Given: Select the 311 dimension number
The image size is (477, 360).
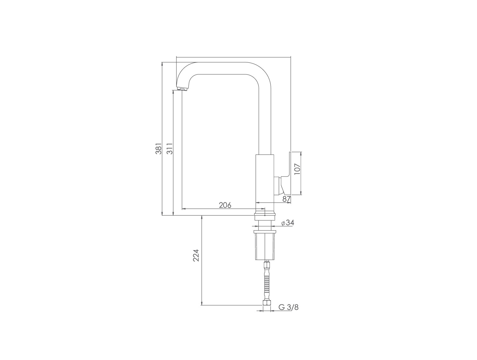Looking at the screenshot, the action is tap(169, 149).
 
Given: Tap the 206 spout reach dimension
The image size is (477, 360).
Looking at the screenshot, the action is tap(225, 205).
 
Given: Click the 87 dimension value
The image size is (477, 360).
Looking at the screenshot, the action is tap(287, 199).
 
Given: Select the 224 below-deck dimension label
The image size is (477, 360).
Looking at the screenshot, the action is tap(196, 255).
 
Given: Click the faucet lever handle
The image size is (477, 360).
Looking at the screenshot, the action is tap(286, 173).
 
